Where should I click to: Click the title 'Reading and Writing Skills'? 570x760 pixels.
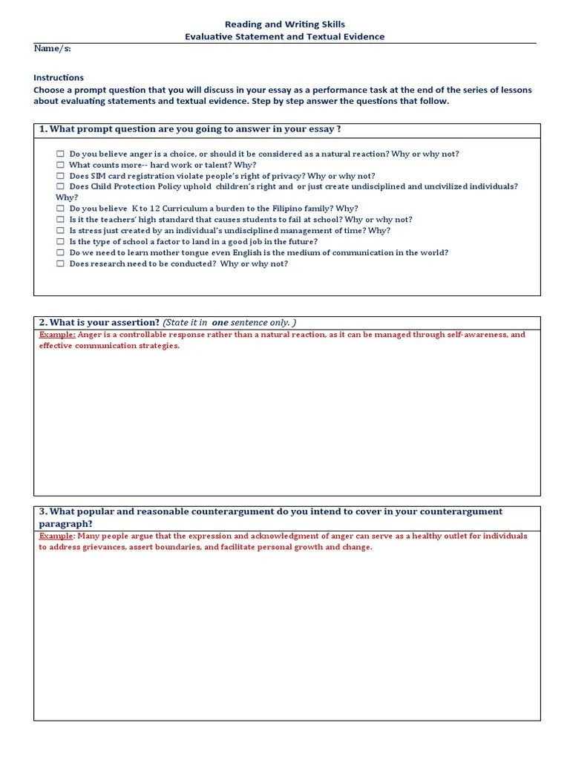pos(285,24)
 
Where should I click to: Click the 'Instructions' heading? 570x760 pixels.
pos(59,77)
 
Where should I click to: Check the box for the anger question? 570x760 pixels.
pos(60,154)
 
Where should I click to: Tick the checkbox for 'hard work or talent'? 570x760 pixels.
pos(60,166)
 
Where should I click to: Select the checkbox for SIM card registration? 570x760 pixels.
pos(60,176)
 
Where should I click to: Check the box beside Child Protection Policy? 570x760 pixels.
pos(60,187)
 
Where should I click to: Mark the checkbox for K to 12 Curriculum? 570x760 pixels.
pos(60,209)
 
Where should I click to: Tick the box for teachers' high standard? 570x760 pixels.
pos(60,220)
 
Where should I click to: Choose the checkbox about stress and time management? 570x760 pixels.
pos(60,231)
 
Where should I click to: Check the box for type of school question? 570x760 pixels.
pos(60,242)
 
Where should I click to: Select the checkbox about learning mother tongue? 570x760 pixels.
pos(60,253)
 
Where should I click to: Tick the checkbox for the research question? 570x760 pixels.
pos(60,263)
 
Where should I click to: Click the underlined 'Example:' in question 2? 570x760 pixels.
pos(57,335)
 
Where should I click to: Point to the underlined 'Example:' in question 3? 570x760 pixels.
pos(57,536)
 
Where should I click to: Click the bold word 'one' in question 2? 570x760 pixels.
pos(220,323)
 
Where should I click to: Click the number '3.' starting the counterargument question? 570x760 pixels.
pos(43,512)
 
